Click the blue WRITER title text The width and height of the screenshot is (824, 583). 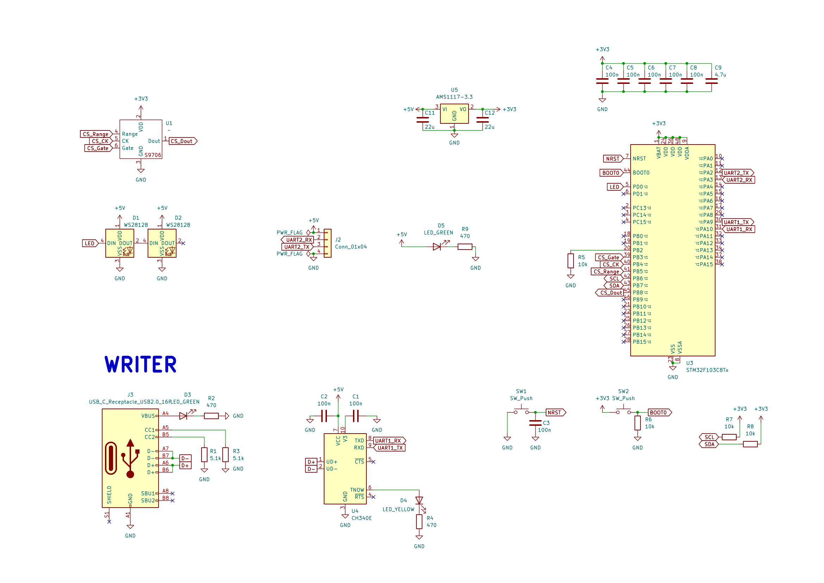click(140, 365)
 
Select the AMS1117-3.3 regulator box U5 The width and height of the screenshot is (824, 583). click(454, 114)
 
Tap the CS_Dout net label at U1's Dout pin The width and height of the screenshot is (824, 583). click(182, 141)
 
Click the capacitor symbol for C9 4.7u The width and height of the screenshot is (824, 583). click(711, 81)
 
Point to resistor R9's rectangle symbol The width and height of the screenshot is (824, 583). click(465, 247)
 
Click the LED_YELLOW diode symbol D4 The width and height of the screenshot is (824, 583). click(419, 501)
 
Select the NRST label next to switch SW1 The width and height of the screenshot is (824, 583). click(555, 412)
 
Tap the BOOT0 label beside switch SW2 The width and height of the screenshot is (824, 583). click(658, 412)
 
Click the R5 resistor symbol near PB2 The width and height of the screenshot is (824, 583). click(571, 261)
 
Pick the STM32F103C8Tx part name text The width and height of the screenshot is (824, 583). click(707, 370)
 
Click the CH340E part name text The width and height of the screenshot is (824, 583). click(361, 518)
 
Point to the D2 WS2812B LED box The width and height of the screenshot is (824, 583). click(162, 243)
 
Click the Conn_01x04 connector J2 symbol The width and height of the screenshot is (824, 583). click(327, 243)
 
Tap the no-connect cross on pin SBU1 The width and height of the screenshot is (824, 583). click(172, 493)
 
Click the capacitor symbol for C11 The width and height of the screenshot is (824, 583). click(423, 120)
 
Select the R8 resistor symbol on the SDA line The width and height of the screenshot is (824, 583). click(750, 444)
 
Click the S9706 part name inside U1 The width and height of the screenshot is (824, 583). click(153, 155)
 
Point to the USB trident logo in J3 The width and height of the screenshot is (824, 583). click(130, 459)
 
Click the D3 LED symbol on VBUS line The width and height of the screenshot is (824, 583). click(183, 416)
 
